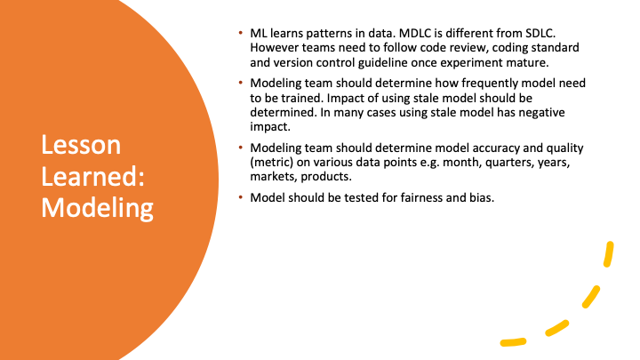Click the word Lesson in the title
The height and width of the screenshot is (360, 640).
point(81,145)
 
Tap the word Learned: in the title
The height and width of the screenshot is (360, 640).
point(93,176)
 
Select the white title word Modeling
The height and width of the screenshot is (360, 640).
point(97,208)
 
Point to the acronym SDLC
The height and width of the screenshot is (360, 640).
point(540,33)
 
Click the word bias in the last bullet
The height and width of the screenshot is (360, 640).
point(483,197)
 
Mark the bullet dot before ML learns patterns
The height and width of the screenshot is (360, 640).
point(241,33)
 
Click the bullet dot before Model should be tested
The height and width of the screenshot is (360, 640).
point(241,197)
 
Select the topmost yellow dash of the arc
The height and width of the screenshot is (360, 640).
point(609,254)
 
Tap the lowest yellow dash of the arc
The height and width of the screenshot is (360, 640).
point(513,342)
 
